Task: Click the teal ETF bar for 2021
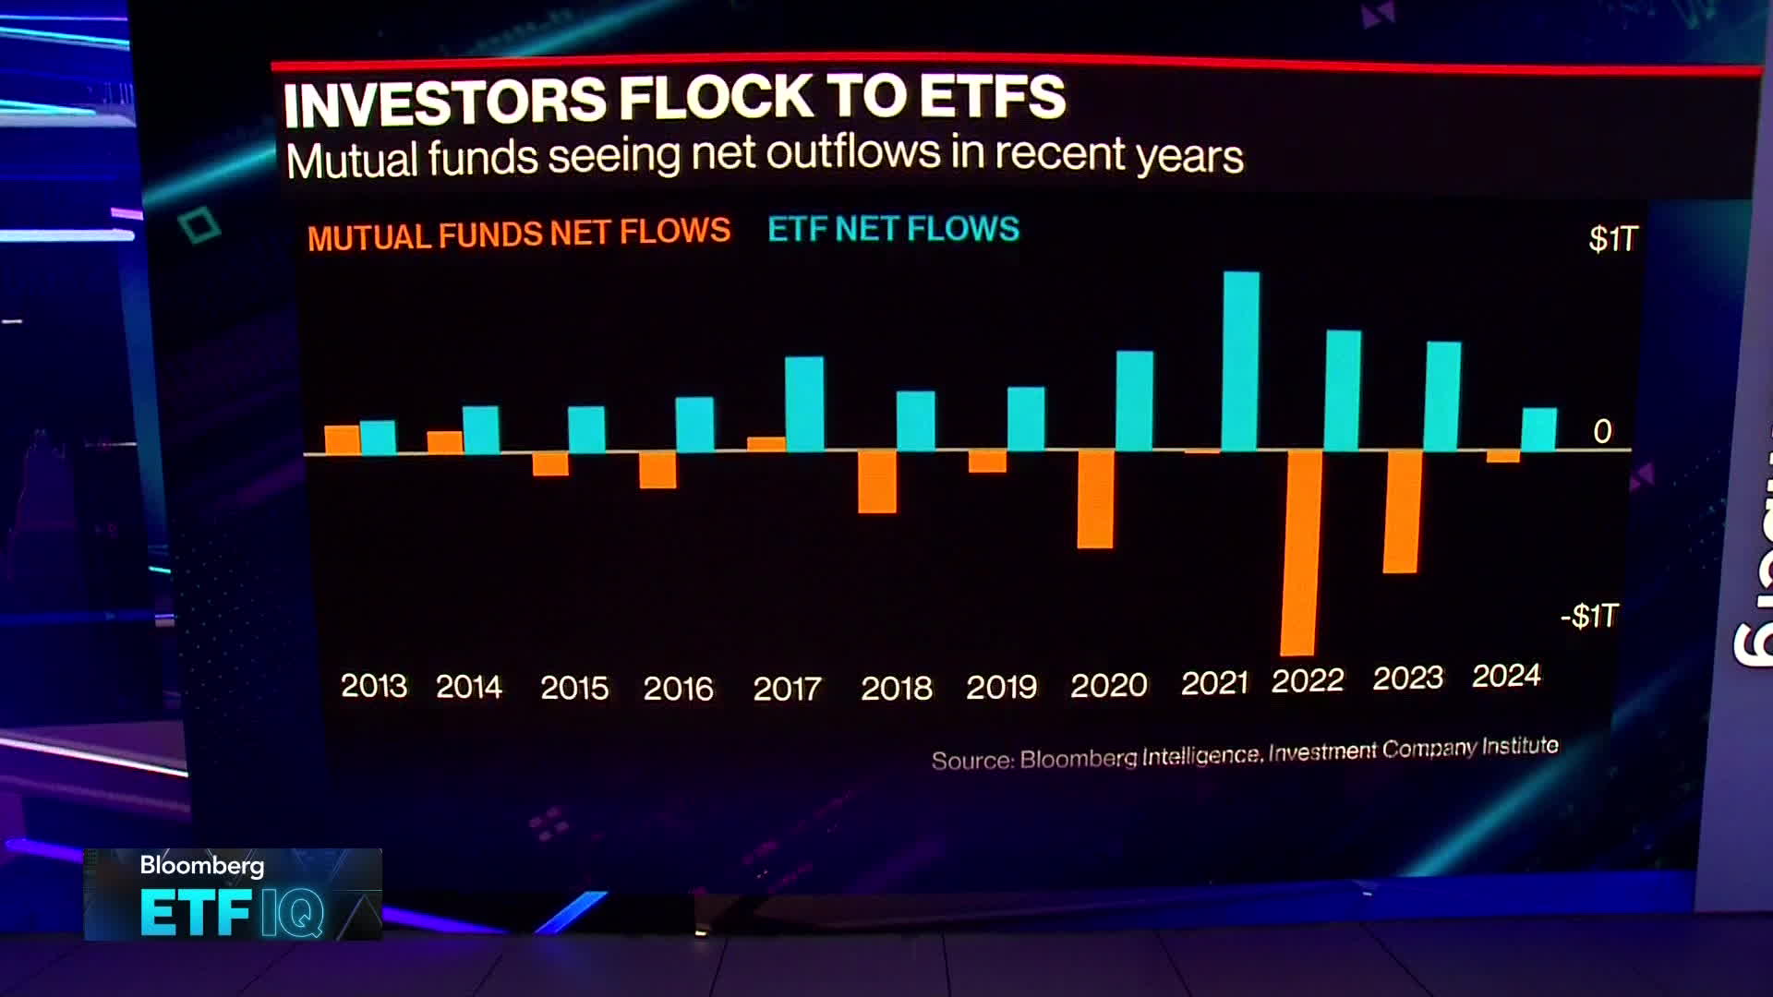[1240, 361]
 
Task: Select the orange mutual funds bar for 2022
[1298, 552]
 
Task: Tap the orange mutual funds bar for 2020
[1095, 498]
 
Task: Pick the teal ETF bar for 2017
[804, 403]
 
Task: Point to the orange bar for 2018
[876, 481]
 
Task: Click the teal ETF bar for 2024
[1538, 429]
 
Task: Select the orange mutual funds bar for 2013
[343, 439]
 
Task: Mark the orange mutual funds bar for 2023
[1401, 511]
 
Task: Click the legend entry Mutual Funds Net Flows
[519, 234]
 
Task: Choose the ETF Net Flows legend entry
[893, 229]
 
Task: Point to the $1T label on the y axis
[1612, 239]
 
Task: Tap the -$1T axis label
[1589, 616]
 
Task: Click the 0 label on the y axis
[1602, 431]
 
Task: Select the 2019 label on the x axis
[1002, 687]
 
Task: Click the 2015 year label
[574, 688]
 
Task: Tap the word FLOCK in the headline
[715, 98]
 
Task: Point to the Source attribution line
[1244, 753]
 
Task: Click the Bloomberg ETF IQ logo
[233, 894]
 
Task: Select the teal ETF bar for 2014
[481, 429]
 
